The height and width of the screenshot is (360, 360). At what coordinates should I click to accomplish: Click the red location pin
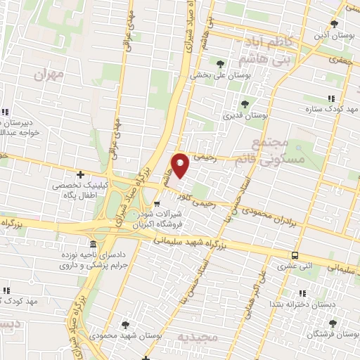pyautogui.click(x=181, y=165)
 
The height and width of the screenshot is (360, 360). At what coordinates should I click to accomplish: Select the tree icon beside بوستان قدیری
pyautogui.click(x=245, y=104)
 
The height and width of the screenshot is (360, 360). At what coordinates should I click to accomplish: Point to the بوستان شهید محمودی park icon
pyautogui.click(x=125, y=324)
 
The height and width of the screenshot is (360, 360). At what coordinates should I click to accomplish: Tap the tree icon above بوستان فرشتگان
pyautogui.click(x=333, y=324)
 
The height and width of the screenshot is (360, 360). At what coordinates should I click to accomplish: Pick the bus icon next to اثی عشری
pyautogui.click(x=295, y=255)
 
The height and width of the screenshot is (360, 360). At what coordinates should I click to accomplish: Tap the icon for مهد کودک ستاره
pyautogui.click(x=330, y=99)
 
